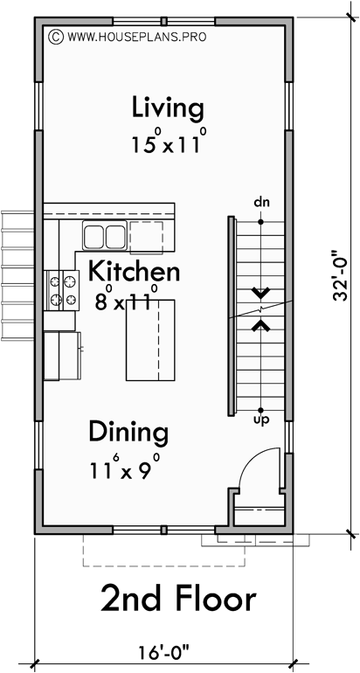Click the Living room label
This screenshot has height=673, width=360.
[168, 109]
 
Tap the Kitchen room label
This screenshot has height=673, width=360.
[134, 270]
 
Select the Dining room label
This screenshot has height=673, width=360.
[128, 431]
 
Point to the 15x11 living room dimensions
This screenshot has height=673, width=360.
[169, 142]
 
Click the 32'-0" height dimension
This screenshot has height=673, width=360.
[340, 278]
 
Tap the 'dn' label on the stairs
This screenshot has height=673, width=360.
[260, 203]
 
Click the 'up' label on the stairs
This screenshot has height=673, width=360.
[260, 420]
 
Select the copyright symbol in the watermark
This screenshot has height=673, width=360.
[56, 38]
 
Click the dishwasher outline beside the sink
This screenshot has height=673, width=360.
[146, 237]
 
